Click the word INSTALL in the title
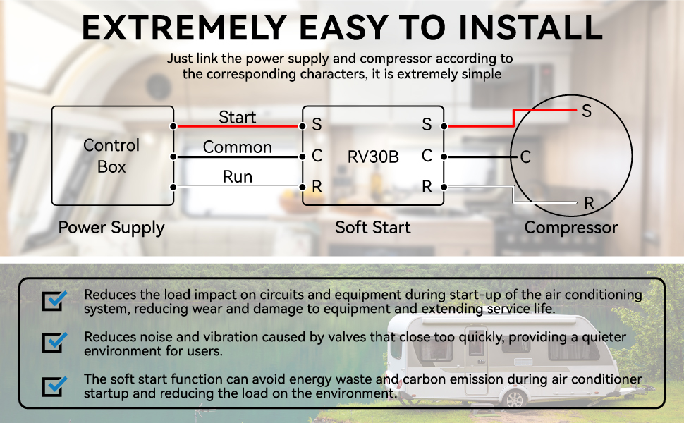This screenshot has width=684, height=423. (x=531, y=27)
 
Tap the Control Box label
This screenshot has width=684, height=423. (x=111, y=156)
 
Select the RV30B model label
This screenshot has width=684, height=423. (x=373, y=157)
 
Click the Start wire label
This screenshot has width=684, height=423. (x=238, y=117)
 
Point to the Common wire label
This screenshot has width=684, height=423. (x=238, y=147)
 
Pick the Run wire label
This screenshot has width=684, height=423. (x=238, y=177)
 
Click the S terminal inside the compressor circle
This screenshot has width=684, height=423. (x=587, y=111)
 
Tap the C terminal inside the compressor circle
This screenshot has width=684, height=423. (x=525, y=157)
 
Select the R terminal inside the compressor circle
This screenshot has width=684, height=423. (x=589, y=203)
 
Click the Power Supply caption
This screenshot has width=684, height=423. (x=111, y=228)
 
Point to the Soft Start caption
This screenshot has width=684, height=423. (x=373, y=227)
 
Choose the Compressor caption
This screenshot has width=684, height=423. (x=571, y=228)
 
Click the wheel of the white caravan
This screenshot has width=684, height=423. (x=514, y=398)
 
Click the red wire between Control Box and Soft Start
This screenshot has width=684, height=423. (x=238, y=126)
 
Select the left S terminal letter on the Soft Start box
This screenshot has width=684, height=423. (x=317, y=125)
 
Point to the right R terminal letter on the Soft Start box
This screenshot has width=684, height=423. (x=427, y=187)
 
